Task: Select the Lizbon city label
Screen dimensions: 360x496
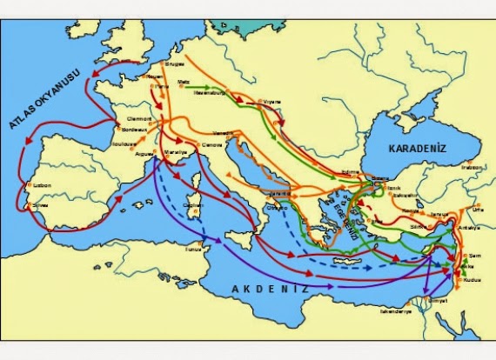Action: point(41,185)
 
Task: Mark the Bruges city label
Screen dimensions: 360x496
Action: point(173,64)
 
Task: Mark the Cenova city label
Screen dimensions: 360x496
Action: point(211,143)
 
